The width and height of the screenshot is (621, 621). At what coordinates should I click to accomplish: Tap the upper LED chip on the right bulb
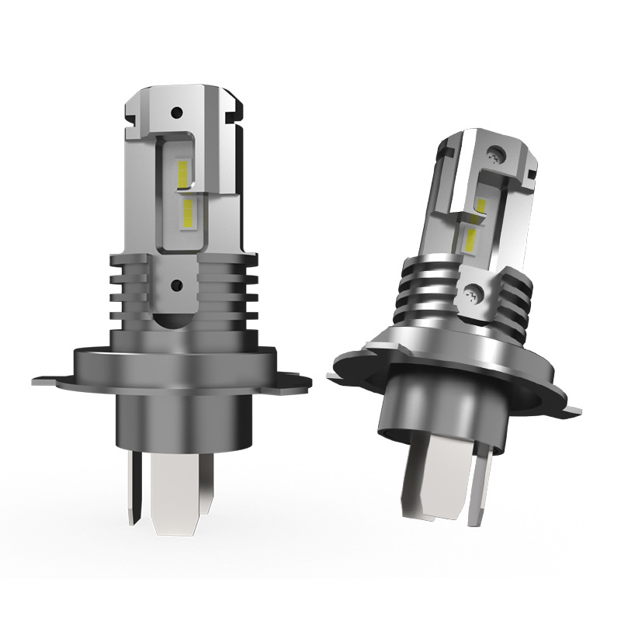(480, 205)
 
